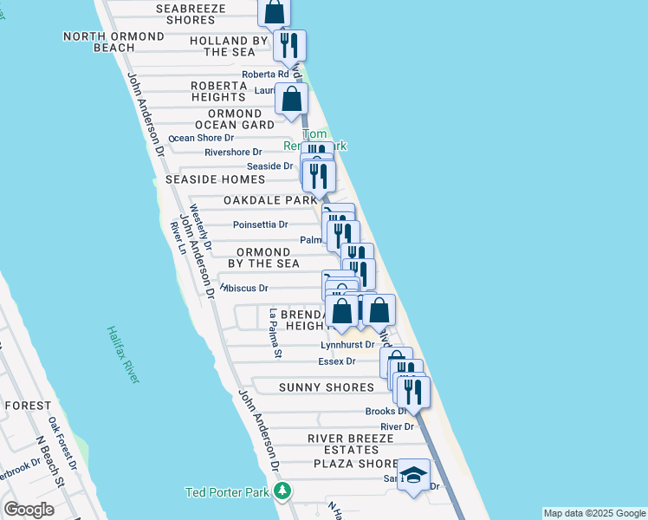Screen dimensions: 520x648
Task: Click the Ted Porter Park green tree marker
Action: pos(282,492)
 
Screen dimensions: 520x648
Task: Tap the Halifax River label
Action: pos(123,355)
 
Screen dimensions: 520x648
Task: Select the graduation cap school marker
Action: pos(415,476)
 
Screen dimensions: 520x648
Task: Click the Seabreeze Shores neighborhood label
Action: pos(191,14)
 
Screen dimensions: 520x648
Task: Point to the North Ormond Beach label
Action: pos(113,42)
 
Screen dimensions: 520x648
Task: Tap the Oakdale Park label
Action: pos(271,200)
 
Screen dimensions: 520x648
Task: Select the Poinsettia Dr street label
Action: pos(261,224)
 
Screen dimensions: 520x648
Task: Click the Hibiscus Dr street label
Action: pos(247,288)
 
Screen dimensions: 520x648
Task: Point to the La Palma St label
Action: pos(275,334)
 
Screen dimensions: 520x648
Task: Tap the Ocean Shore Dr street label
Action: pos(201,138)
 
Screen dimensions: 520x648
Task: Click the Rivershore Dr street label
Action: pos(233,153)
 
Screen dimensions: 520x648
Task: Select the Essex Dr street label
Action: pos(337,361)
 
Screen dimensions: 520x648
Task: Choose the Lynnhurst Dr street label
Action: pos(347,345)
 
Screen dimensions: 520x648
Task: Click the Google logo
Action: pos(29,510)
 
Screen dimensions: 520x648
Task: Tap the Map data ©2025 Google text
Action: pos(593,513)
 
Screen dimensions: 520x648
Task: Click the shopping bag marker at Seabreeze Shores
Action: pos(274,12)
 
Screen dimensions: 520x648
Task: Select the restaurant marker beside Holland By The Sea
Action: pos(289,45)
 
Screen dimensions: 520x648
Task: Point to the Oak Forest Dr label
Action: pos(62,443)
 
